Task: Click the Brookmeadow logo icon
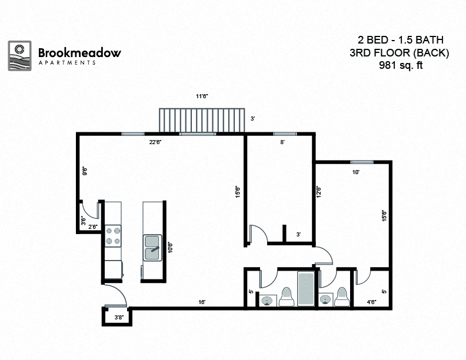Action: (19, 55)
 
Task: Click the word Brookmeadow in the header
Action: (79, 52)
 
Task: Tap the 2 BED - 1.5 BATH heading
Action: (401, 40)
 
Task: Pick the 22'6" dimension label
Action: (155, 142)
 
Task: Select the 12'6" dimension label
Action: (318, 192)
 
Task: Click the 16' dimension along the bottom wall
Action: (202, 302)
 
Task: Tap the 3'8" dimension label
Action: (118, 318)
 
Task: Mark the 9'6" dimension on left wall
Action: (85, 172)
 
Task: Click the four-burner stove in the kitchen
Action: (113, 235)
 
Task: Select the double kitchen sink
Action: (153, 247)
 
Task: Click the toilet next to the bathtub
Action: (287, 297)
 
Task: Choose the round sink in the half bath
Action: (325, 300)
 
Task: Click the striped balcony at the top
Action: (202, 121)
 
